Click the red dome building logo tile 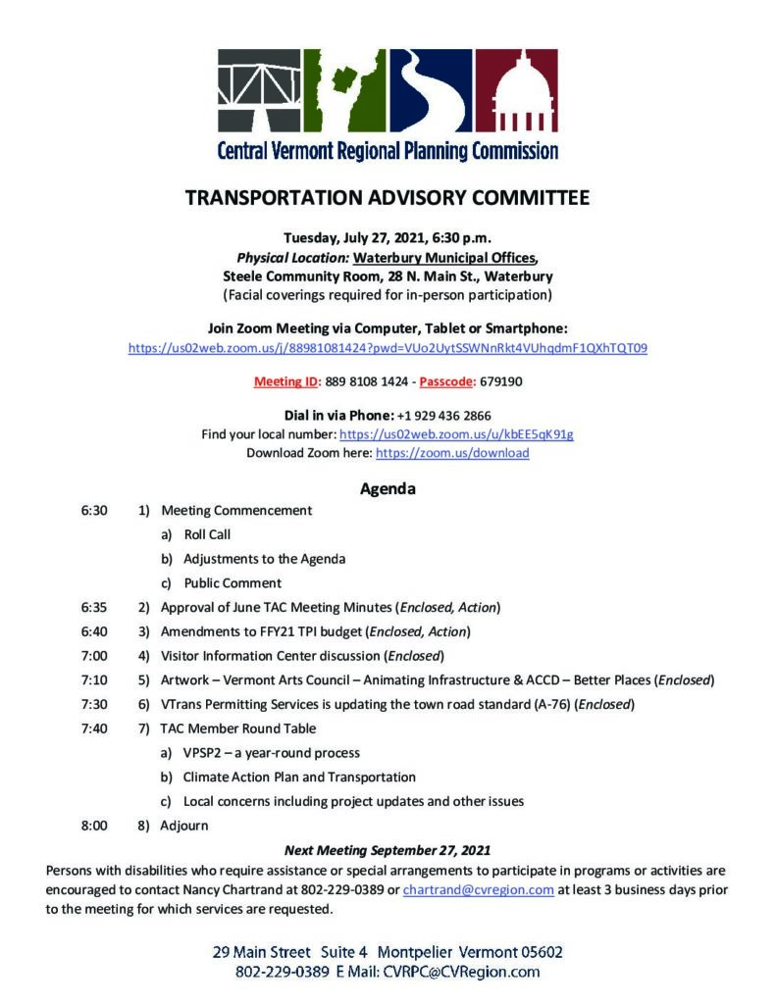tap(517, 90)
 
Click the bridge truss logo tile tap(259, 90)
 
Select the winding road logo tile tap(432, 90)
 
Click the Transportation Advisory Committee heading tap(388, 198)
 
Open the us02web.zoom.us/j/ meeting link tap(388, 348)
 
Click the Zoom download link tap(452, 453)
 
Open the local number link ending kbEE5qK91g tap(456, 433)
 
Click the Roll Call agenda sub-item tap(207, 534)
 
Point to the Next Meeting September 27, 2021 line tap(388, 850)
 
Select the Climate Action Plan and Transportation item tap(299, 777)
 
